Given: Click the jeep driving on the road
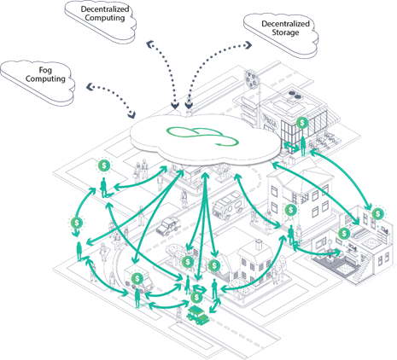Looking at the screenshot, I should (x=169, y=225).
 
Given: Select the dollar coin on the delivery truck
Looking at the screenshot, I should (x=138, y=278).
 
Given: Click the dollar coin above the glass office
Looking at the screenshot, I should (x=303, y=123).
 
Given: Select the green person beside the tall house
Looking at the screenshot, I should (x=291, y=231).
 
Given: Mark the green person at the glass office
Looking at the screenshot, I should (x=301, y=146).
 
